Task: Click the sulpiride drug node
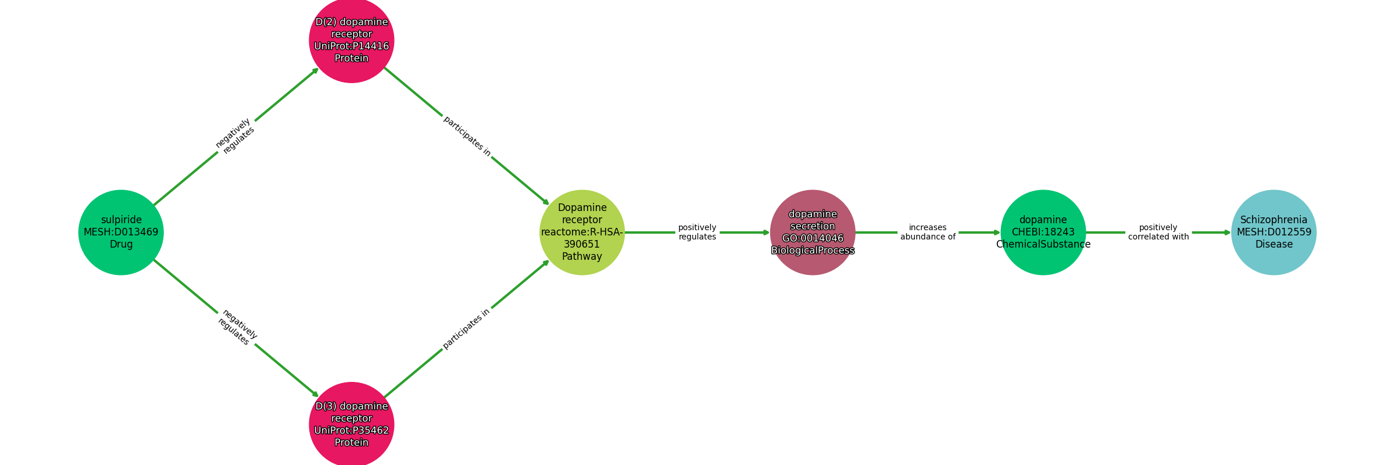(121, 232)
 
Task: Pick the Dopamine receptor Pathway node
(582, 232)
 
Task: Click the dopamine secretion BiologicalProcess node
(813, 232)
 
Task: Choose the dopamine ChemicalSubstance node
(1043, 232)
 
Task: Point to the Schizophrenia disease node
(1274, 232)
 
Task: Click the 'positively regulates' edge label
(697, 232)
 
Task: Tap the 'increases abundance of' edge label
(928, 232)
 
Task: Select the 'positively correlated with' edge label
(1158, 232)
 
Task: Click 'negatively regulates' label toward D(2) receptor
(235, 136)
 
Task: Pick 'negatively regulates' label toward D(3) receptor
(237, 327)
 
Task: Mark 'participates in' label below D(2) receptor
(467, 137)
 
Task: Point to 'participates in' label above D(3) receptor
(466, 328)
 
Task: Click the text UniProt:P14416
(352, 46)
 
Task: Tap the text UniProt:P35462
(352, 431)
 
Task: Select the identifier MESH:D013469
(121, 232)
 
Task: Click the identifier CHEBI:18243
(1043, 232)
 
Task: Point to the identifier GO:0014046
(813, 238)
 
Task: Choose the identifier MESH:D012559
(1274, 232)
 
